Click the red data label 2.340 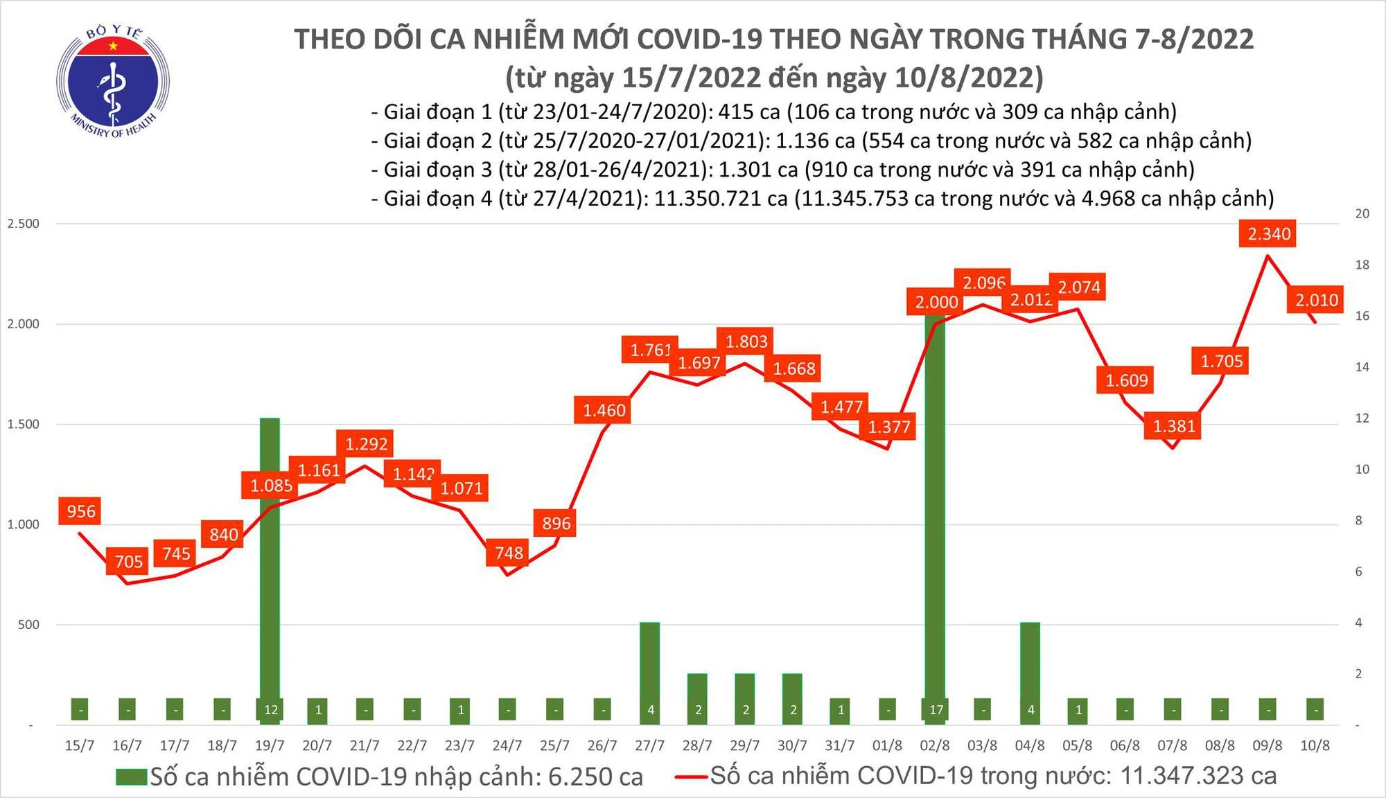[1269, 234]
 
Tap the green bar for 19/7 [270, 568]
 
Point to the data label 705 [128, 561]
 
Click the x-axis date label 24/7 [507, 745]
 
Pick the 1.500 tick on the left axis [23, 424]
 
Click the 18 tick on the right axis [1362, 265]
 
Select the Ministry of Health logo [113, 81]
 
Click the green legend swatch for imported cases [132, 777]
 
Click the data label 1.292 [366, 443]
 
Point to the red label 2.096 [983, 283]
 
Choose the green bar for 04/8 [1030, 672]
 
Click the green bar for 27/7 [649, 672]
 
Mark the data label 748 [509, 553]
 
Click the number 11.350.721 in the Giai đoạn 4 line [721, 199]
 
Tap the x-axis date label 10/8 [1315, 745]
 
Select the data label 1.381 [1174, 426]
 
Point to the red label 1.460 [604, 410]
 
